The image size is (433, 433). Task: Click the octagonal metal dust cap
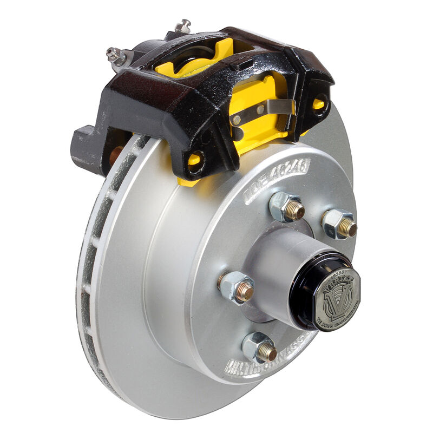[x=337, y=298]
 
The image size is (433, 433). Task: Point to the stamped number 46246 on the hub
[x=278, y=180]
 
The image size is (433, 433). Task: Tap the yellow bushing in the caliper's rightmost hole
[x=319, y=104]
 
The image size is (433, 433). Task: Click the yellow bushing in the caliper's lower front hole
[x=193, y=160]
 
